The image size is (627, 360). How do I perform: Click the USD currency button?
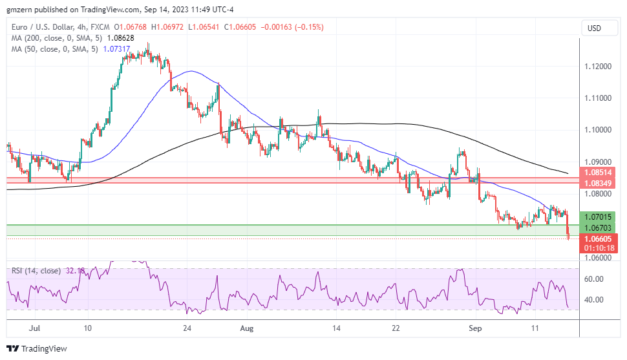tap(593, 28)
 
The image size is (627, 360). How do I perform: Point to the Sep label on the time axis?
tap(475, 328)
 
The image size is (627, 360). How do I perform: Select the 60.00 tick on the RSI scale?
tap(594, 279)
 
